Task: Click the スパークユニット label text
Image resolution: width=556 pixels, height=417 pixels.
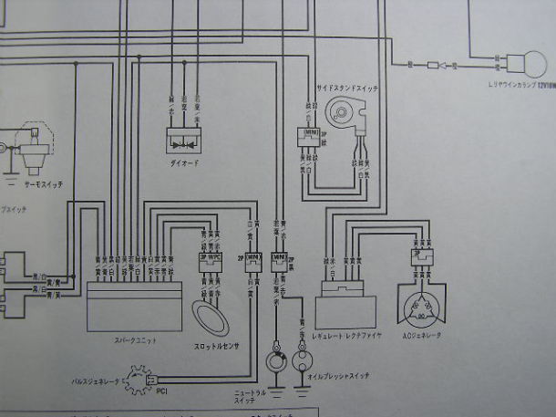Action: tap(136, 340)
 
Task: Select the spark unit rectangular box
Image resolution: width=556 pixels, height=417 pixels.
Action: tap(136, 306)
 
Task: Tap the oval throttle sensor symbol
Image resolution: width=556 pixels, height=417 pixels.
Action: tap(214, 319)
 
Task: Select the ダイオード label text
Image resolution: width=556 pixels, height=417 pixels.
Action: tap(185, 162)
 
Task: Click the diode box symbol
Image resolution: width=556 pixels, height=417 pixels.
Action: tap(185, 139)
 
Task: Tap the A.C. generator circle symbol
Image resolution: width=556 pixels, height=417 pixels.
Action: tap(422, 309)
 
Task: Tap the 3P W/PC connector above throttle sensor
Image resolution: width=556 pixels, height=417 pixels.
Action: tap(209, 258)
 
